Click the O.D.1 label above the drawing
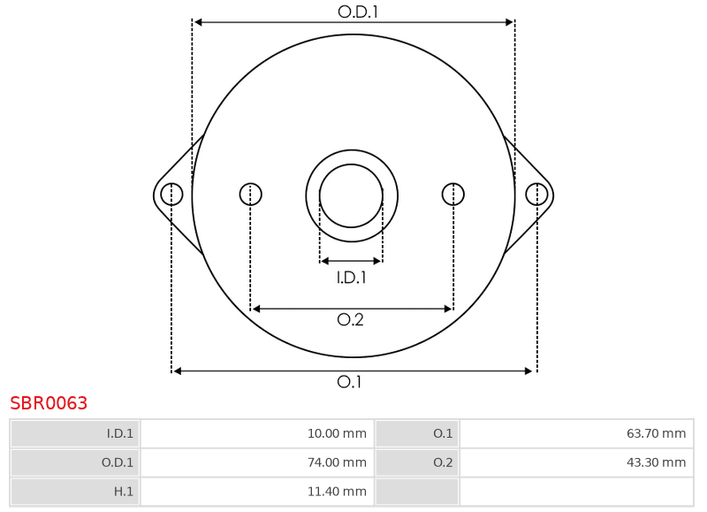358,11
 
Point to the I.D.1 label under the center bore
351,278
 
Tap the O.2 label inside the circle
350,319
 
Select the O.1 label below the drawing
349,382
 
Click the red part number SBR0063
49,403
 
